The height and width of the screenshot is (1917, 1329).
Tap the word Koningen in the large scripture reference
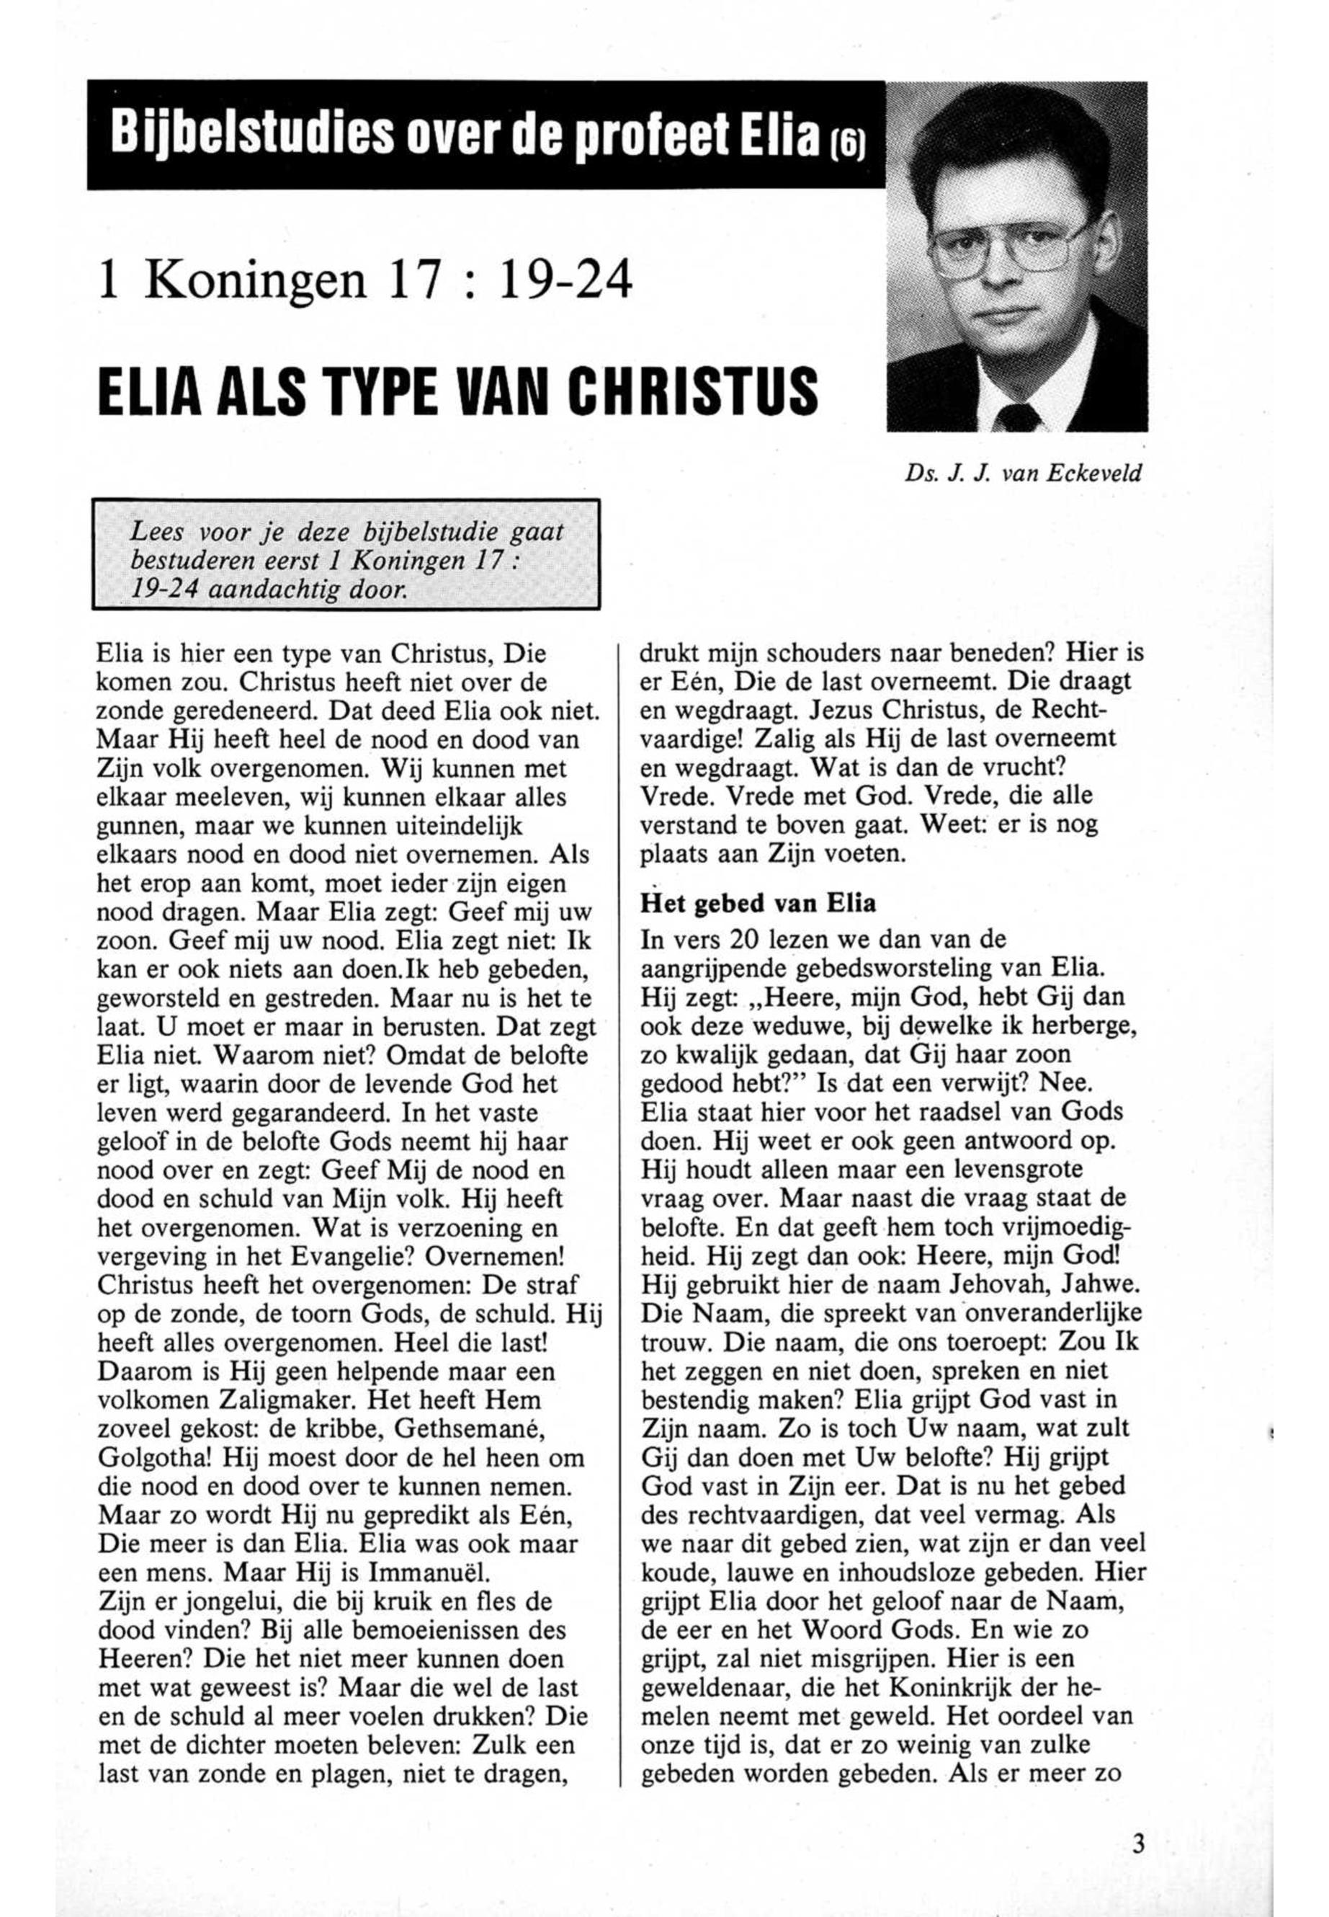256,281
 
